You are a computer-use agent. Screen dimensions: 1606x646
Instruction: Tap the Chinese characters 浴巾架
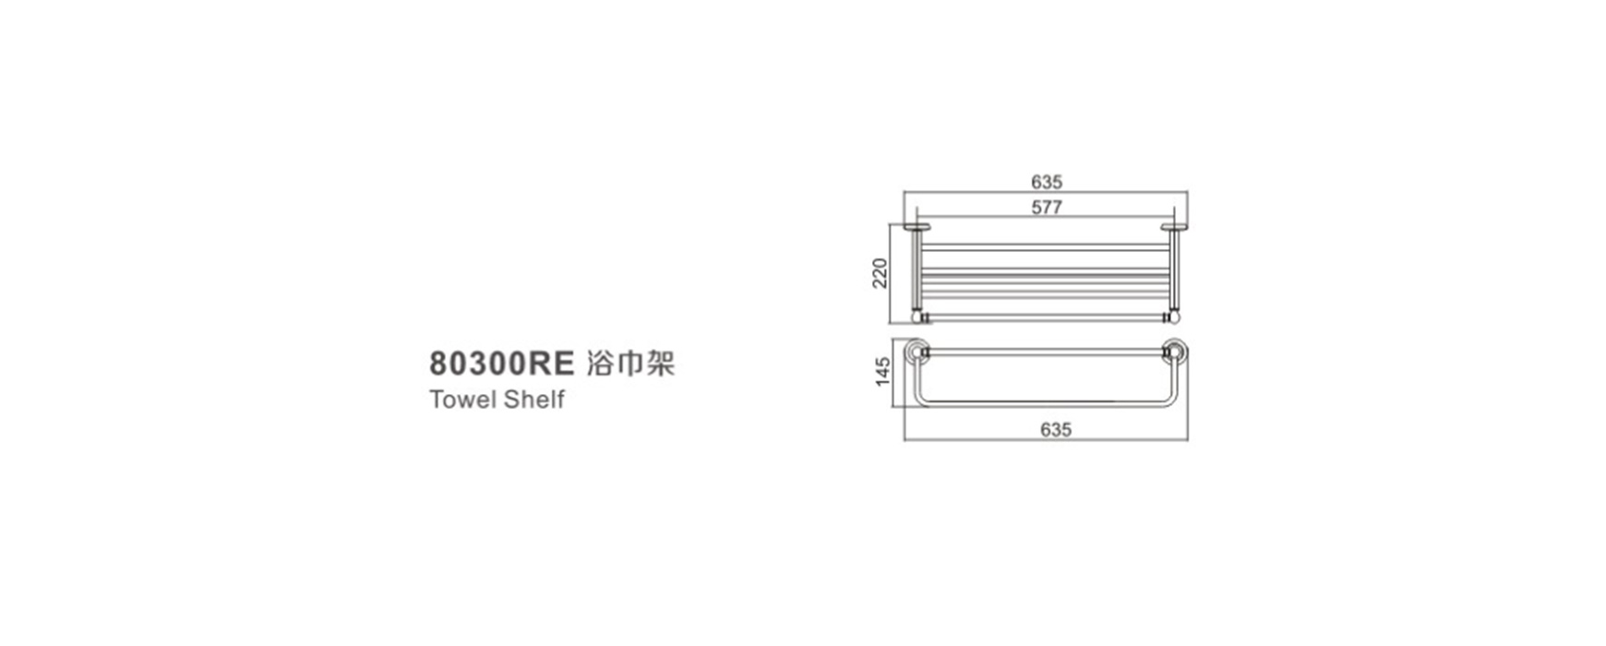(630, 364)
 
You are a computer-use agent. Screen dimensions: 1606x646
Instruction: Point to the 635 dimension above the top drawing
(1047, 183)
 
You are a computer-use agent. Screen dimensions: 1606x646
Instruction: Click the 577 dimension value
(1047, 208)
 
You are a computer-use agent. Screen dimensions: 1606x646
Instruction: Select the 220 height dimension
(881, 273)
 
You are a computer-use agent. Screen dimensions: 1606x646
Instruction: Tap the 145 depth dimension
(883, 371)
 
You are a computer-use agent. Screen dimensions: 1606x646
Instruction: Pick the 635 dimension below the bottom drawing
(1056, 430)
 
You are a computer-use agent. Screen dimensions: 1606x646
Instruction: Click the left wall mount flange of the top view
(917, 227)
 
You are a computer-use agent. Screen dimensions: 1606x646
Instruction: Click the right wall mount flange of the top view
(1175, 227)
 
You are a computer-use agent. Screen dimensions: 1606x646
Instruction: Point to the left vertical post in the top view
(917, 271)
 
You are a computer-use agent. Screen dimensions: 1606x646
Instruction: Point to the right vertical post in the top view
(1175, 271)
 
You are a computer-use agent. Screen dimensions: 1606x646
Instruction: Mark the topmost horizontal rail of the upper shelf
(1046, 247)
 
